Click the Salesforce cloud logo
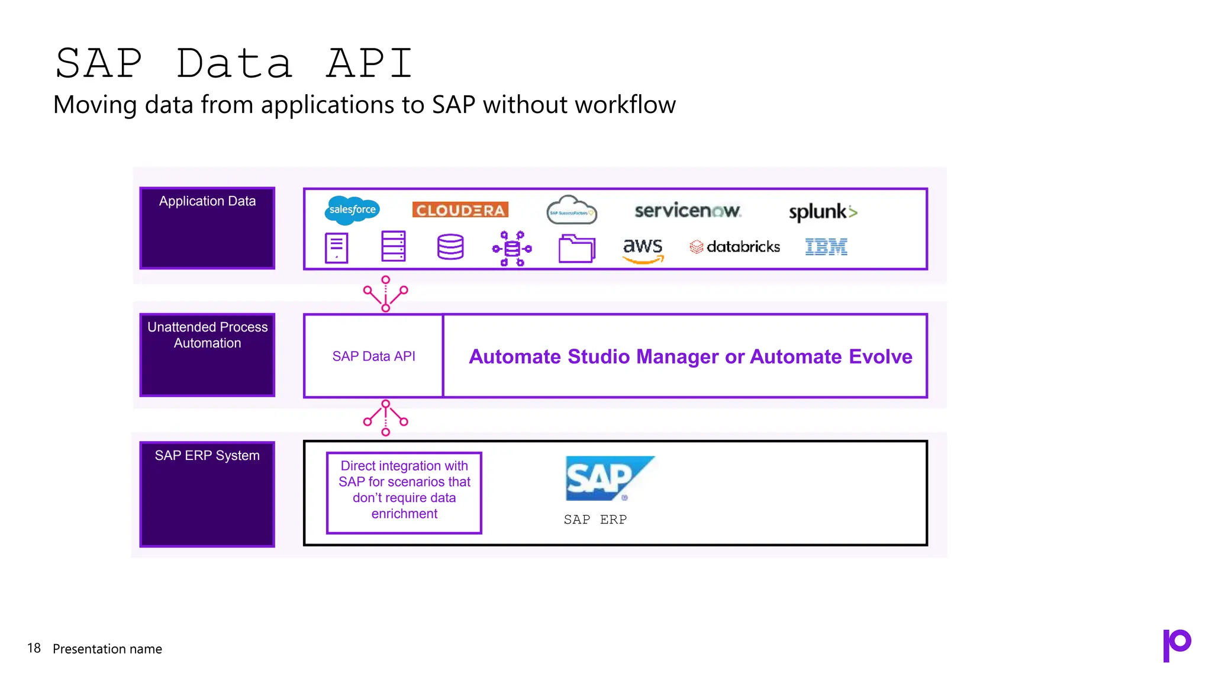352,210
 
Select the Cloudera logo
460,210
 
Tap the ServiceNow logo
687,211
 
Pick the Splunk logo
823,212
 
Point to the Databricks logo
735,247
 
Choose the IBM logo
826,247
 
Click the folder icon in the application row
576,248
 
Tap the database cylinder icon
450,247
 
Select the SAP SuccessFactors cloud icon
571,211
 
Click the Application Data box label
207,201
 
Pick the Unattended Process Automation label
207,335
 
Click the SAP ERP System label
207,455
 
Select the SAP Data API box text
373,356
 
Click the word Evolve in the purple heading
880,356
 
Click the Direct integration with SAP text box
404,490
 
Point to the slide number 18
34,648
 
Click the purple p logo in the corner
1176,645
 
